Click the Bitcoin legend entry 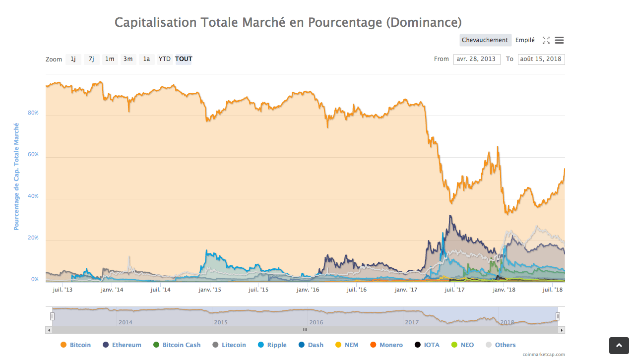click(x=76, y=345)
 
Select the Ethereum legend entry click(x=122, y=345)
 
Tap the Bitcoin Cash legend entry click(x=177, y=345)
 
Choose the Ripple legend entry click(x=272, y=345)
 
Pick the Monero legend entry click(x=386, y=345)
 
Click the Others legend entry click(x=501, y=345)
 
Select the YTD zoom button click(x=165, y=59)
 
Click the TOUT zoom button click(x=184, y=59)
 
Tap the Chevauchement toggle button click(x=485, y=40)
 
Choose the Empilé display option click(x=525, y=40)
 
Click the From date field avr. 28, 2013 click(x=476, y=59)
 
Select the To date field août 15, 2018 click(x=541, y=59)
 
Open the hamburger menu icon click(x=559, y=40)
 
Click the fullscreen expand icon click(x=546, y=40)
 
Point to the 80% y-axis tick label click(x=33, y=113)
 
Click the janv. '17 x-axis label click(x=407, y=290)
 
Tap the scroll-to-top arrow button click(x=619, y=346)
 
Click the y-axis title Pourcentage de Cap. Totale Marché click(x=16, y=177)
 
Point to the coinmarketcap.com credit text click(x=543, y=355)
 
